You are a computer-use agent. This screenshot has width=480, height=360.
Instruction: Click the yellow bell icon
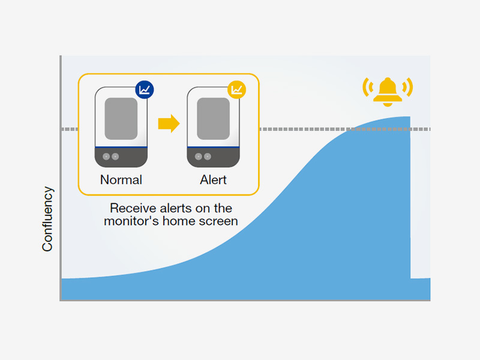click(388, 91)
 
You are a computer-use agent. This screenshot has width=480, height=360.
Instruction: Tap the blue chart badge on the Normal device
click(145, 90)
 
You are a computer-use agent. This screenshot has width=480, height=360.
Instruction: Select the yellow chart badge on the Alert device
click(237, 90)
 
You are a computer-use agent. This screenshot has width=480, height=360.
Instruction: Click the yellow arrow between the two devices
click(168, 123)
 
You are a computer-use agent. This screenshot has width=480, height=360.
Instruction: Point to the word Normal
click(121, 180)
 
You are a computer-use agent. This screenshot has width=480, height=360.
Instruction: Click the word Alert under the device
click(213, 180)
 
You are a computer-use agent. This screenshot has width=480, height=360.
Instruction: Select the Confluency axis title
click(48, 219)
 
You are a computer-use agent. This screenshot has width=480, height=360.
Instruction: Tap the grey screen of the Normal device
click(121, 119)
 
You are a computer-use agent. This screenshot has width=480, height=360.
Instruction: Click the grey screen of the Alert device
click(213, 119)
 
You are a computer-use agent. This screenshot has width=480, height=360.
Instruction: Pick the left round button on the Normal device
click(106, 157)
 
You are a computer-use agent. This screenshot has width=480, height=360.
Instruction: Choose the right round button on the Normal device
click(115, 157)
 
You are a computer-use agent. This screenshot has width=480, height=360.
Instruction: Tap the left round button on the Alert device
click(198, 157)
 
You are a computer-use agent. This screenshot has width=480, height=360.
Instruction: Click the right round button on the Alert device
click(207, 157)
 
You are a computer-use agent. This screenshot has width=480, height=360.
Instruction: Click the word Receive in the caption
click(131, 208)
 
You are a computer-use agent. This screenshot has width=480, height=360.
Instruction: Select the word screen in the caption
click(221, 221)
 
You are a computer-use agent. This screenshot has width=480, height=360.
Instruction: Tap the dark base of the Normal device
click(131, 158)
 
